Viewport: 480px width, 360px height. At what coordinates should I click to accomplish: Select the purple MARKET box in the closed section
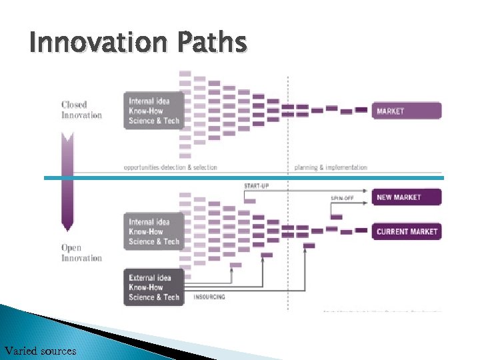[x=407, y=111]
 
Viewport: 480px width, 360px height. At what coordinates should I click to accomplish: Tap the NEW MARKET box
[x=407, y=197]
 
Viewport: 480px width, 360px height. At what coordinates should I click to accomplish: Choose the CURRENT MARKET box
[x=407, y=231]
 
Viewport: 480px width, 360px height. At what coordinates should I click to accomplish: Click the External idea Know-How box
[x=153, y=287]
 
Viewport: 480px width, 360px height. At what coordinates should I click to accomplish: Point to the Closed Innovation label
[x=81, y=110]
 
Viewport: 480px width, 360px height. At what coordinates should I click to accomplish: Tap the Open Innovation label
[x=81, y=253]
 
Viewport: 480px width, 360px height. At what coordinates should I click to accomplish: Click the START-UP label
[x=257, y=185]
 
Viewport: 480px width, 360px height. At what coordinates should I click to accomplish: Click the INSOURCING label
[x=209, y=297]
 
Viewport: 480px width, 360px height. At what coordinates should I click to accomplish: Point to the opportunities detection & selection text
[x=170, y=167]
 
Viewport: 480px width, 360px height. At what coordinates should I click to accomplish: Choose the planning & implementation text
[x=331, y=167]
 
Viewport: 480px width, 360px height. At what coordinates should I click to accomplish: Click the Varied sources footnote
[x=40, y=351]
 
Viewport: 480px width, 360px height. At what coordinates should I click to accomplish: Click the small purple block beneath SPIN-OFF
[x=336, y=217]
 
